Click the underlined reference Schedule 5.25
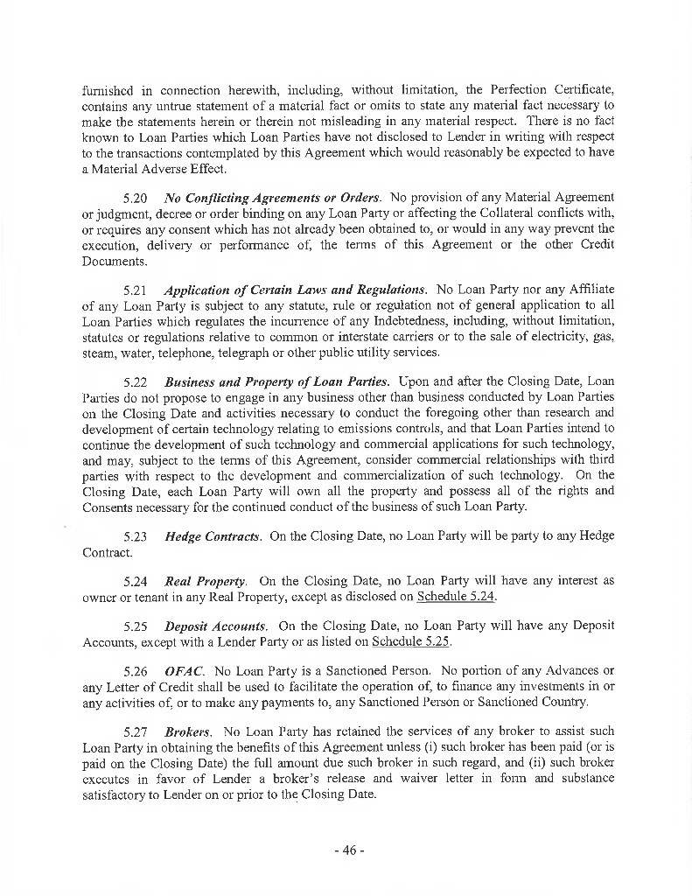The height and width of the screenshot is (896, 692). click(x=411, y=642)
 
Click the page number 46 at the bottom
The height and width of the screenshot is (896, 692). click(x=346, y=850)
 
